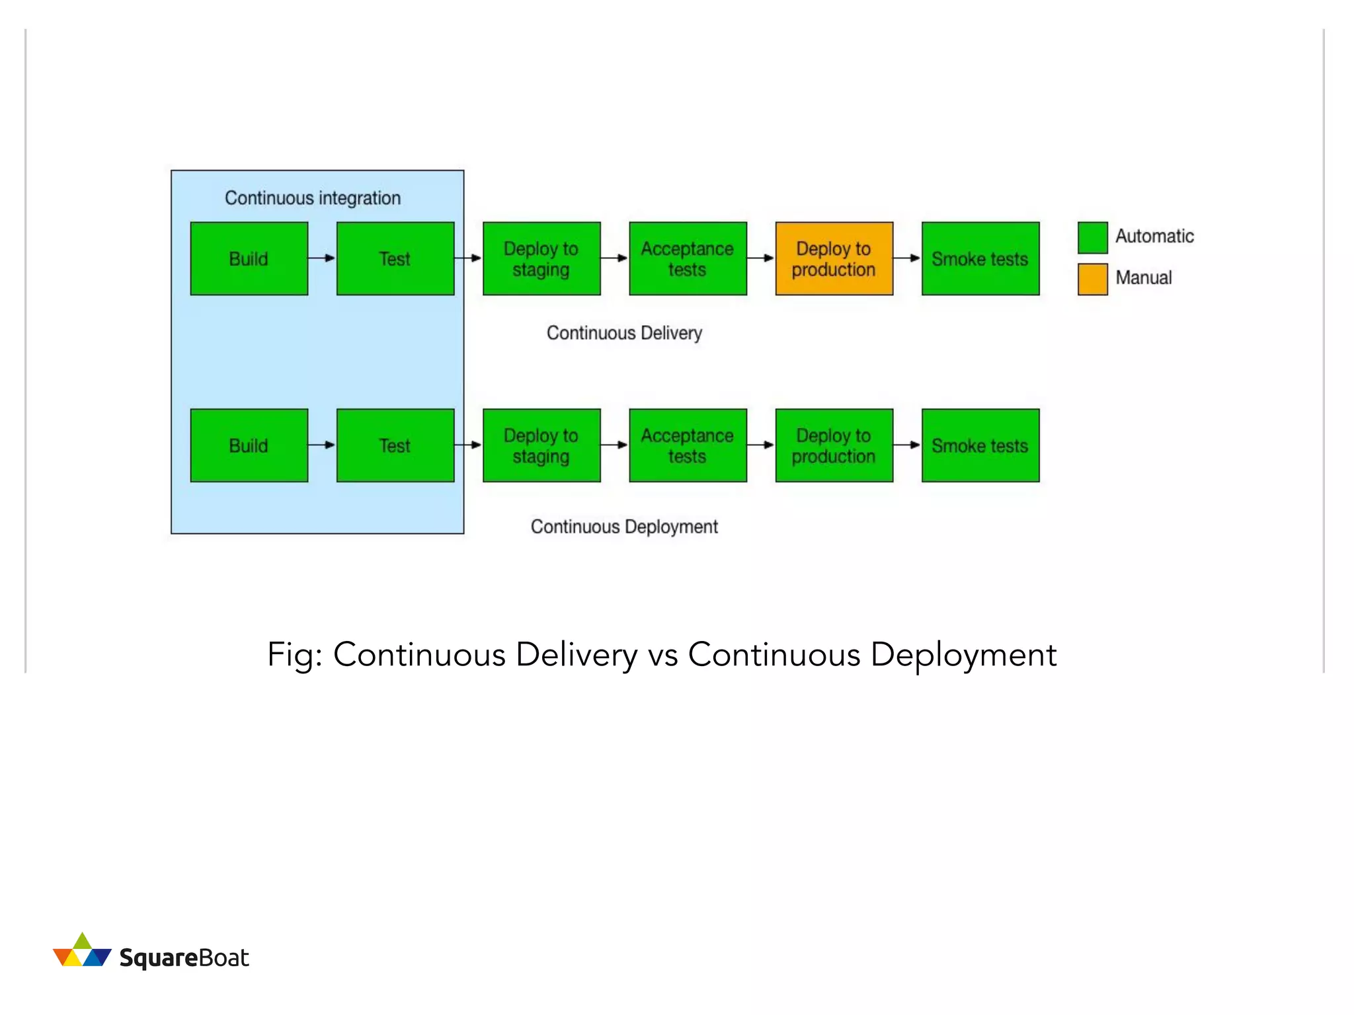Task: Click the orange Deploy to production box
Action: pyautogui.click(x=834, y=258)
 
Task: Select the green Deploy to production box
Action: pyautogui.click(x=834, y=445)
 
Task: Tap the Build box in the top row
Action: pyautogui.click(x=249, y=258)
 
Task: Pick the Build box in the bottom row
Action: pyautogui.click(x=249, y=445)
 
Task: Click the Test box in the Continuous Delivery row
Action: pyautogui.click(x=395, y=258)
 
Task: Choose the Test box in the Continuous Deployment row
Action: pyautogui.click(x=395, y=445)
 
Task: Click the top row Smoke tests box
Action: pyautogui.click(x=980, y=258)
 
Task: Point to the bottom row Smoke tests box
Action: pyautogui.click(x=980, y=445)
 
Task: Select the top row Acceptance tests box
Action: pyautogui.click(x=688, y=258)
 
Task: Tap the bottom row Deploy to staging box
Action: pyautogui.click(x=541, y=445)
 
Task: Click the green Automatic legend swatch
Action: pyautogui.click(x=1092, y=238)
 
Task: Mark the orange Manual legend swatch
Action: pyautogui.click(x=1092, y=279)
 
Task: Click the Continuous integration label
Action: pyautogui.click(x=313, y=198)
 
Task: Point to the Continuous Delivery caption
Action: pyautogui.click(x=624, y=332)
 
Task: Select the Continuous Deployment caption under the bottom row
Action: pyautogui.click(x=624, y=527)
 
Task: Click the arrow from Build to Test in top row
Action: pyautogui.click(x=322, y=258)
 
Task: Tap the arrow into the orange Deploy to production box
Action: pyautogui.click(x=761, y=258)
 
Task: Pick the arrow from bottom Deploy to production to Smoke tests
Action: pyautogui.click(x=907, y=445)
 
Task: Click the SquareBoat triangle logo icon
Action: pyautogui.click(x=82, y=952)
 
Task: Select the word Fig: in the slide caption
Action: pyautogui.click(x=294, y=655)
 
